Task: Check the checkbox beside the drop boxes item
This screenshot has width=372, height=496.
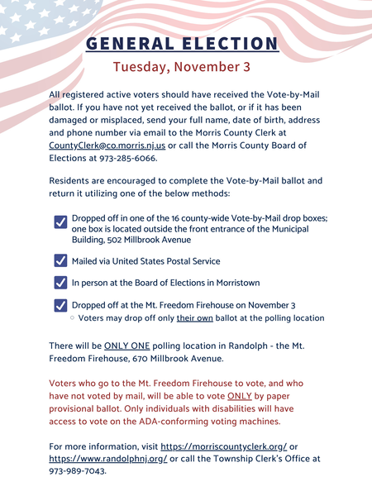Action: coord(60,222)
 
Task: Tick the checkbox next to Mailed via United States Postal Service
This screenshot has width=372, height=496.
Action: coord(60,260)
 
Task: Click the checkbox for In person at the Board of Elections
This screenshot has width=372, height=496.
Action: coord(60,283)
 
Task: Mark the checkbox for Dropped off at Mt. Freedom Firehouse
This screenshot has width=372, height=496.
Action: coord(60,305)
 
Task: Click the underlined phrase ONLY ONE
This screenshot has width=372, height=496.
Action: coord(126,345)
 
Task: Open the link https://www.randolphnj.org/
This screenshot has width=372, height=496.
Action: coord(108,459)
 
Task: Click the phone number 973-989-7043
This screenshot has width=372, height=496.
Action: coord(78,472)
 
